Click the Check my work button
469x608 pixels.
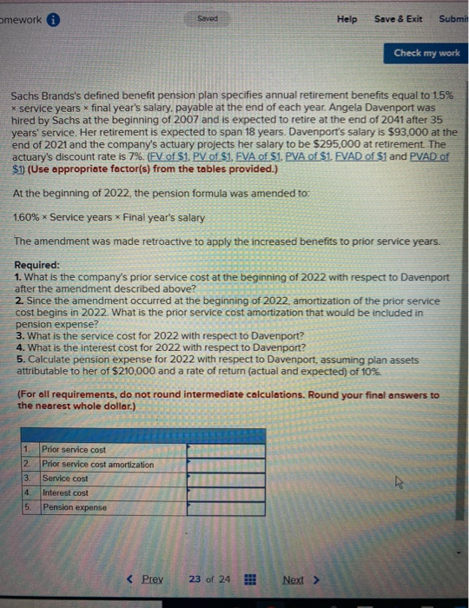[426, 53]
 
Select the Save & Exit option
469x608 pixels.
[398, 18]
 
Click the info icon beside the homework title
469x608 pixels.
[52, 19]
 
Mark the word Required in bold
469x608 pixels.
[37, 265]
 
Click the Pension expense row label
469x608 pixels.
[75, 507]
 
